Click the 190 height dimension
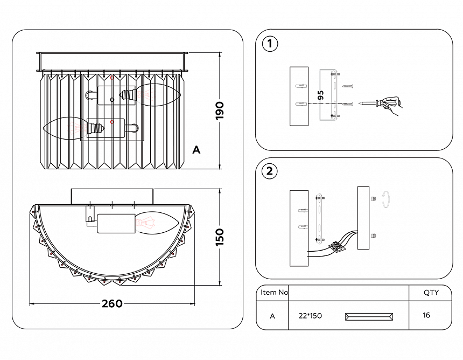220,110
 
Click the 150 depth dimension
220,237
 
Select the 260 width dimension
112,303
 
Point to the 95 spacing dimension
321,95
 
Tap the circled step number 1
270,44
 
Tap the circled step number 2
270,171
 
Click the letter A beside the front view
197,150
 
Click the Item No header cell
274,292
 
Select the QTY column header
431,293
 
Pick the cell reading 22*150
310,316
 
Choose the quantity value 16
426,315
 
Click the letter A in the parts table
272,316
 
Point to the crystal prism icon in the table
369,317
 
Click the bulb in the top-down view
157,223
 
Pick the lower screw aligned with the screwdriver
348,104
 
